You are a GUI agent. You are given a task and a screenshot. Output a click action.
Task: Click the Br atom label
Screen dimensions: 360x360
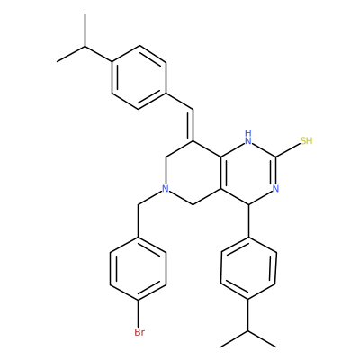[139, 332]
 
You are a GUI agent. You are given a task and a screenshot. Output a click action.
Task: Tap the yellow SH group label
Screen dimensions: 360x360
[306, 140]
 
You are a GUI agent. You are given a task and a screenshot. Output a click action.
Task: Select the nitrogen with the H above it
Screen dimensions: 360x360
[248, 140]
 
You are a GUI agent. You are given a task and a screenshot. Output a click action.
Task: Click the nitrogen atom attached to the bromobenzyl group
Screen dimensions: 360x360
[166, 189]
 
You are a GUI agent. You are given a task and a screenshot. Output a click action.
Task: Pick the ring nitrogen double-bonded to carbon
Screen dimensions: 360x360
[276, 189]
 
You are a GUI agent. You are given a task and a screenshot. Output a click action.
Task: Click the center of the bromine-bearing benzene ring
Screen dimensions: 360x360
[138, 269]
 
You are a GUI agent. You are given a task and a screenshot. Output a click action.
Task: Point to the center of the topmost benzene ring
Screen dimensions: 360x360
[139, 77]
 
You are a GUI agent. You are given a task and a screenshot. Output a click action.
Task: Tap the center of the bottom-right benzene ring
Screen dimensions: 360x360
[248, 269]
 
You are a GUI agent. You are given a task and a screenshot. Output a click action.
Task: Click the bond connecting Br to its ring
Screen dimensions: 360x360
[138, 314]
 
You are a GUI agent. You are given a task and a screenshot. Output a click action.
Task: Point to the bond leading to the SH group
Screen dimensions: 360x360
[288, 150]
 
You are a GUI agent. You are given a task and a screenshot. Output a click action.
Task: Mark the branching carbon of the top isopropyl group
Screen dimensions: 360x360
[85, 46]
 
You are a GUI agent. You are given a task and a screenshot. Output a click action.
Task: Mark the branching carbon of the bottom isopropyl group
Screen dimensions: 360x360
[248, 331]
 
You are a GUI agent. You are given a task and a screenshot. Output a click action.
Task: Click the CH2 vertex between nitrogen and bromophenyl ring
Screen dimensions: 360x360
[138, 205]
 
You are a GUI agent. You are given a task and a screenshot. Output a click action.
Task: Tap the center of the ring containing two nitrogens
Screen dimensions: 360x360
[248, 173]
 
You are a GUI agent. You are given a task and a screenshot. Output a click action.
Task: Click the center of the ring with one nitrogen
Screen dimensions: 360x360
[193, 173]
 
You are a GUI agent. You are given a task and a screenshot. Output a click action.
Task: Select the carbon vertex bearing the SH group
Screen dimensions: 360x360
[276, 157]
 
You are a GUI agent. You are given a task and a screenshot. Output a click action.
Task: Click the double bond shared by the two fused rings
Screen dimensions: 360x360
[222, 173]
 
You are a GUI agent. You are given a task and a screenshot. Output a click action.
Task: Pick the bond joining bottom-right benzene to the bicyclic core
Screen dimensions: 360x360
[248, 221]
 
